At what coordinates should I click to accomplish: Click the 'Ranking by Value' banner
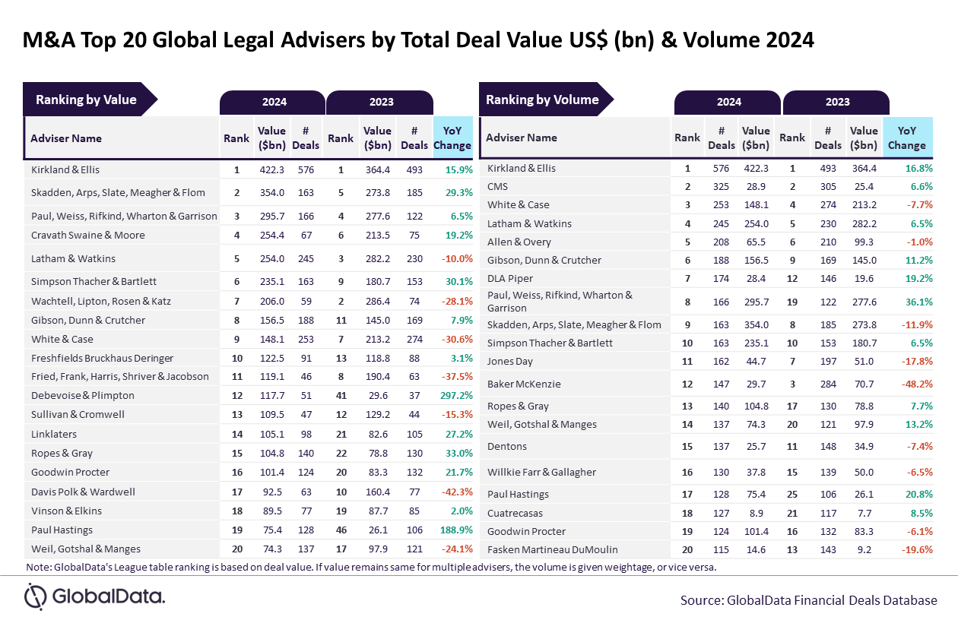(x=86, y=100)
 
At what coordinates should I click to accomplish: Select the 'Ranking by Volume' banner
(x=542, y=100)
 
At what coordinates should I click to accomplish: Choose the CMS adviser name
(x=497, y=187)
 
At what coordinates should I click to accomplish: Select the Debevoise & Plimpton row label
(x=83, y=396)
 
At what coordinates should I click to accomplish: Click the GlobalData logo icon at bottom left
(x=36, y=596)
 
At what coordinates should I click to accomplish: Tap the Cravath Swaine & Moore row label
(x=88, y=235)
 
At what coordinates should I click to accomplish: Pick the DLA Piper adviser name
(x=509, y=279)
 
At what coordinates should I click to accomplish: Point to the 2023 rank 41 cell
(x=340, y=396)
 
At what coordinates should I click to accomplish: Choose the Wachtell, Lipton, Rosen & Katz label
(x=102, y=301)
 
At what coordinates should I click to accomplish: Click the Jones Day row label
(x=510, y=362)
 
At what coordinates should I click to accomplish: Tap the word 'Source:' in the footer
(x=701, y=600)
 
